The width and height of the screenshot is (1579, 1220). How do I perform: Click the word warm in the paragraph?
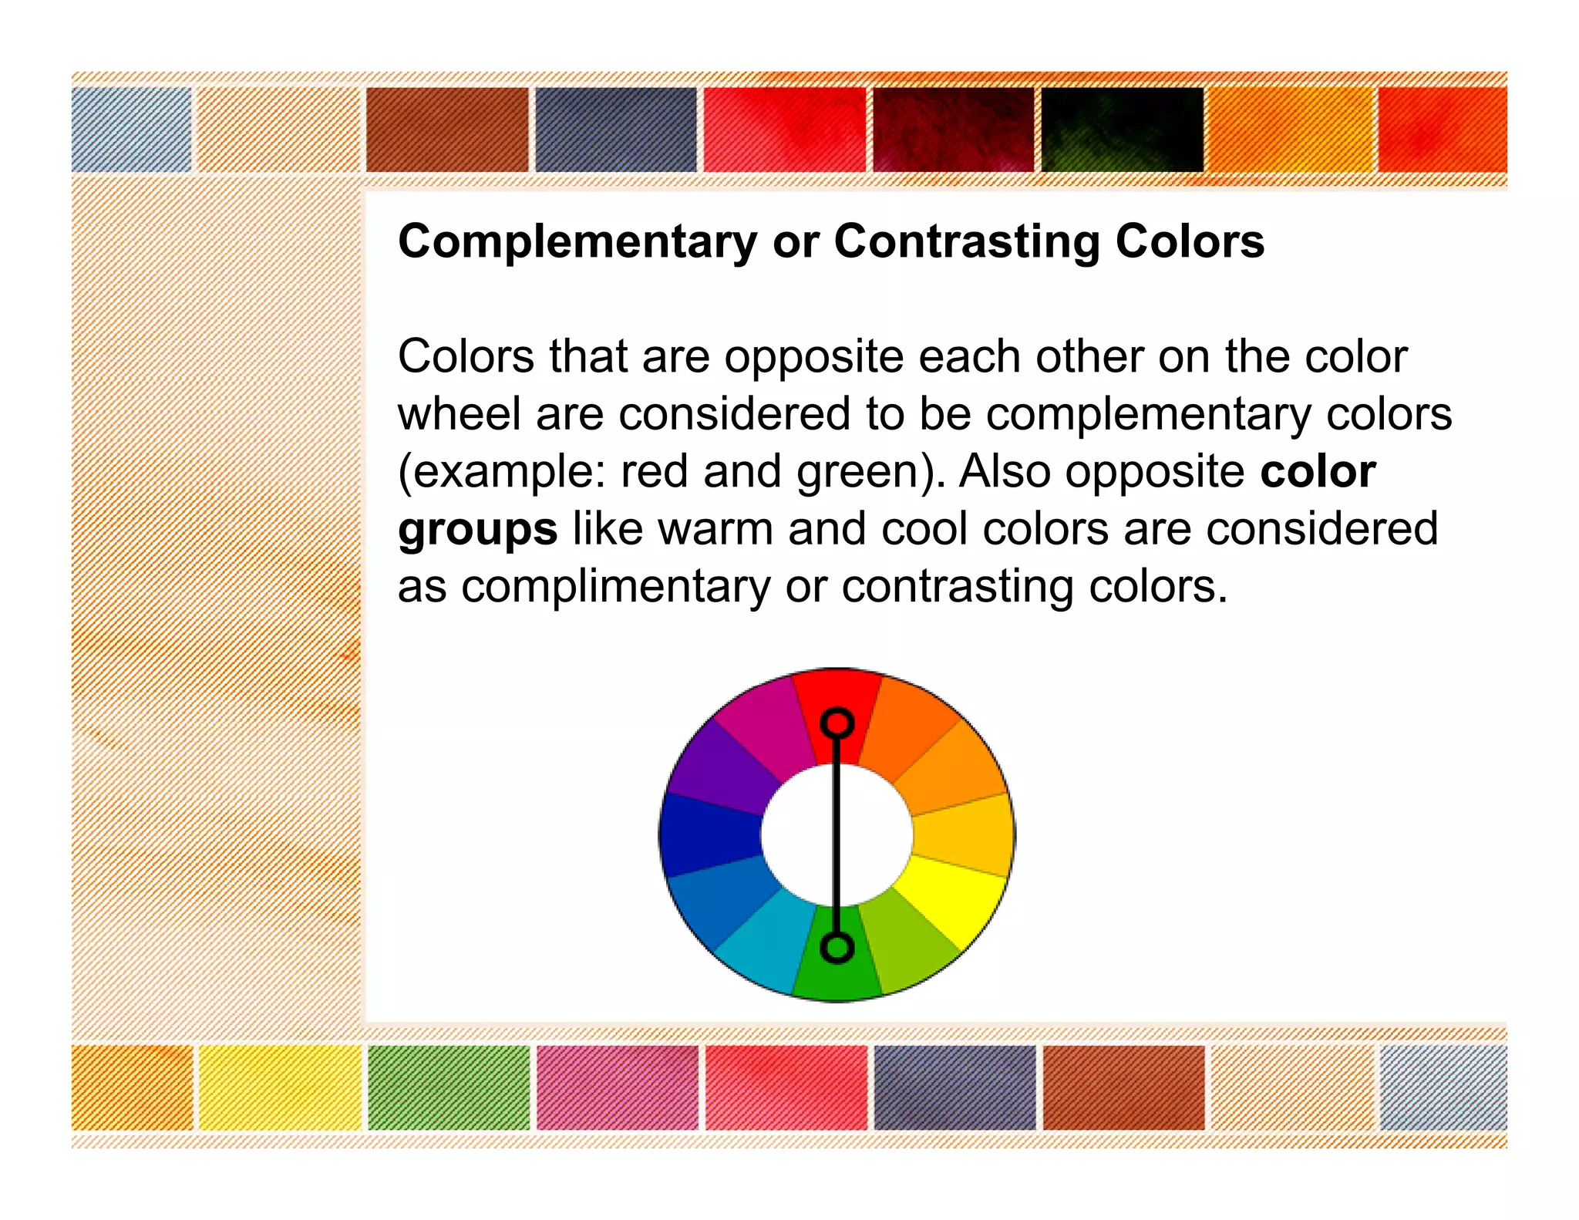click(x=715, y=529)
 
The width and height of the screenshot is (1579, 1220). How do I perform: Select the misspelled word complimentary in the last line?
click(x=615, y=587)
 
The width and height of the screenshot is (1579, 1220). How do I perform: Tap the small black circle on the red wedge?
click(x=837, y=723)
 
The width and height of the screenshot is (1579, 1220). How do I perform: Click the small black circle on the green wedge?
click(x=837, y=947)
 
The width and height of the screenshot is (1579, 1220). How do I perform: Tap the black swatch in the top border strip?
click(x=1122, y=129)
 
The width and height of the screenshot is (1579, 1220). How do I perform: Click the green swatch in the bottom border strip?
click(x=449, y=1087)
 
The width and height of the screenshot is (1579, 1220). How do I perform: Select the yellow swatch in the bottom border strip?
click(x=280, y=1087)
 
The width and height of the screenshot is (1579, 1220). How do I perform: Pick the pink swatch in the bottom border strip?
click(x=617, y=1087)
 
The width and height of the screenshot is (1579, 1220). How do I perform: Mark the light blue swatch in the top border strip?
click(x=131, y=129)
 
